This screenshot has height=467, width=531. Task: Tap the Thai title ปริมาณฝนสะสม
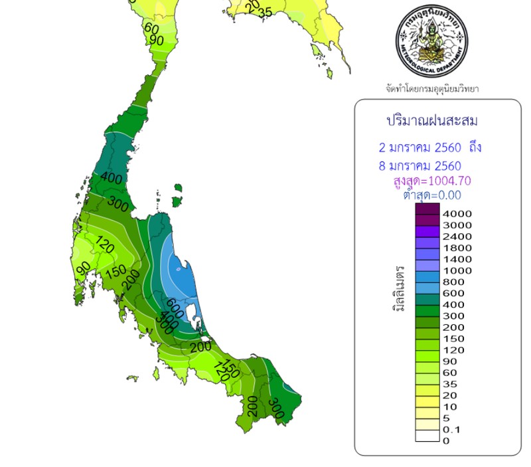[432, 121]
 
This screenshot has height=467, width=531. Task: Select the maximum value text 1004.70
[447, 181]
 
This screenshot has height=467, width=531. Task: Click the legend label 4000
[456, 214]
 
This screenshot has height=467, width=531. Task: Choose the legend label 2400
[456, 236]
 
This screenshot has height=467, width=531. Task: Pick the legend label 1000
[456, 270]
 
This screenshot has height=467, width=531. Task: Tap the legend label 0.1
[451, 429]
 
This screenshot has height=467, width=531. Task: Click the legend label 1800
[456, 248]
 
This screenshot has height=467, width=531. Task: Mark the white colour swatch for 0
[427, 436]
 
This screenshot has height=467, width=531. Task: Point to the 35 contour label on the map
[265, 13]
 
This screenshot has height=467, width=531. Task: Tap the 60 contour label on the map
[151, 29]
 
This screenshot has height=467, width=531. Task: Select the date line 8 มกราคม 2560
[416, 165]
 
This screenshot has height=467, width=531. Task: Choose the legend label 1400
[456, 259]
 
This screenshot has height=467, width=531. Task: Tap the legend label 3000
[456, 225]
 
